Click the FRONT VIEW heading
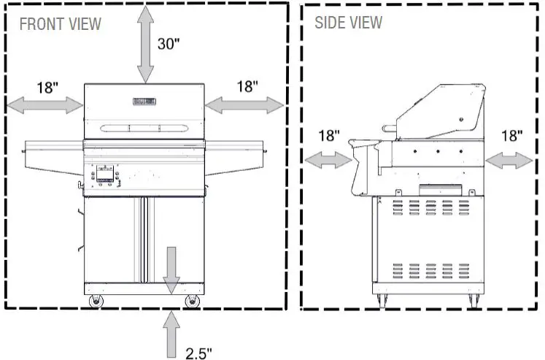60,24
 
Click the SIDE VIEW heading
348,23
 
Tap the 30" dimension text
169,43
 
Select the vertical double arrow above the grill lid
145,43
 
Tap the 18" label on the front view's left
47,88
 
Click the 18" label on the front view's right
247,87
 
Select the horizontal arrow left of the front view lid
45,106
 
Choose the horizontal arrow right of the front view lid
244,106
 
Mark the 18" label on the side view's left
329,136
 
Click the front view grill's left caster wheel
95,302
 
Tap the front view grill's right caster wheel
193,302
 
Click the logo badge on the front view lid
145,102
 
